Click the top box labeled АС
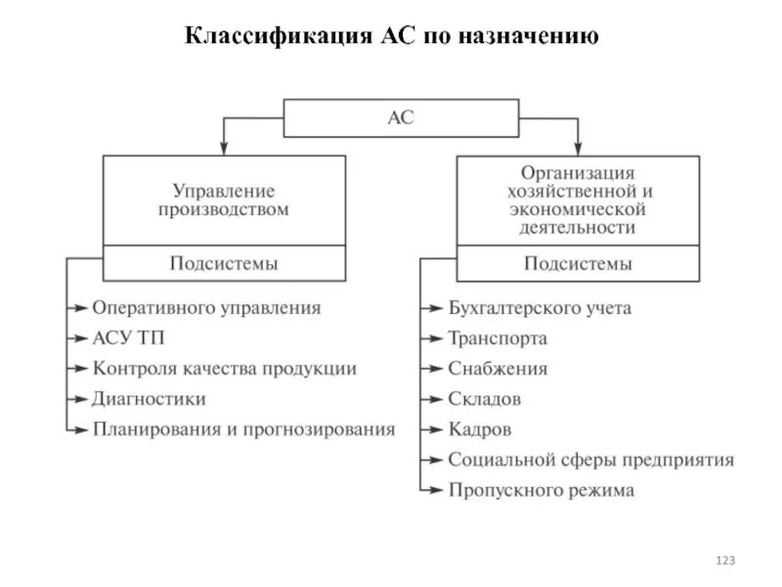(x=401, y=117)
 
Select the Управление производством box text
(x=224, y=201)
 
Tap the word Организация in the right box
(x=578, y=173)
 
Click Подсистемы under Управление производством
(x=224, y=263)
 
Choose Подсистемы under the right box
(x=578, y=263)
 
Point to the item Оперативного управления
(x=206, y=307)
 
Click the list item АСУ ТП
(x=130, y=339)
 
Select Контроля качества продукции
(x=224, y=369)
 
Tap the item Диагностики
(x=150, y=399)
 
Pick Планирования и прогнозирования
(x=243, y=429)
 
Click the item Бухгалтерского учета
(x=540, y=308)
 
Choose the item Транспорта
(x=498, y=339)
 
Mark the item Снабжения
(x=498, y=369)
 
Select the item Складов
(x=484, y=399)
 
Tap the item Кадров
(x=479, y=429)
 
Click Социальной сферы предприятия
(x=590, y=460)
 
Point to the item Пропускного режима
(x=541, y=490)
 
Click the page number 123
(x=724, y=561)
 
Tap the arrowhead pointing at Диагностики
(x=81, y=399)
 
